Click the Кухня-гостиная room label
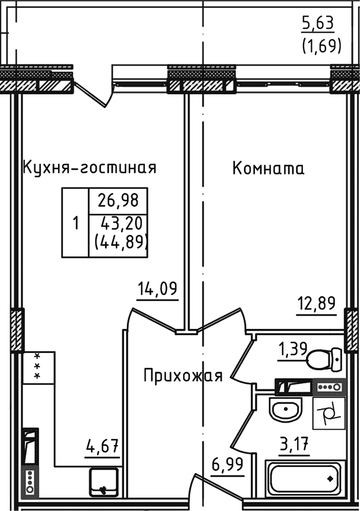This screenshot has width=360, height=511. point(89,167)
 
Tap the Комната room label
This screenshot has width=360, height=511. point(268,169)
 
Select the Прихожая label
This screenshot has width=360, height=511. point(183,375)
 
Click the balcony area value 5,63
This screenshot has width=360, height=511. point(318,23)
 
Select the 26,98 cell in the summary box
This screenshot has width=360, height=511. point(118,200)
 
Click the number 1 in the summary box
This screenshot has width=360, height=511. point(75,224)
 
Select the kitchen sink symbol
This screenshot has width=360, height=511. point(105,482)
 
